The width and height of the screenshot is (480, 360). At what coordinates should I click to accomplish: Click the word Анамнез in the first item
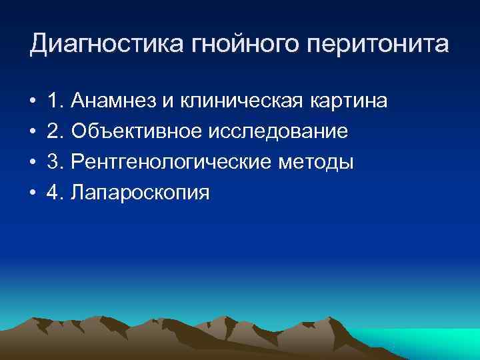tap(117, 101)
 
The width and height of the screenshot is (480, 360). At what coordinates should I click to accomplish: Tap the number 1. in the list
tap(55, 101)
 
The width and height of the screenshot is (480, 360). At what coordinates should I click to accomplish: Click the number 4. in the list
tap(55, 193)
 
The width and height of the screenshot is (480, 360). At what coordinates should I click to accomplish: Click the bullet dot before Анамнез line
tap(32, 102)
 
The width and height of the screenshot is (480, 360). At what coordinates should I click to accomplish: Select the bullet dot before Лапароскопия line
tap(32, 194)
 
